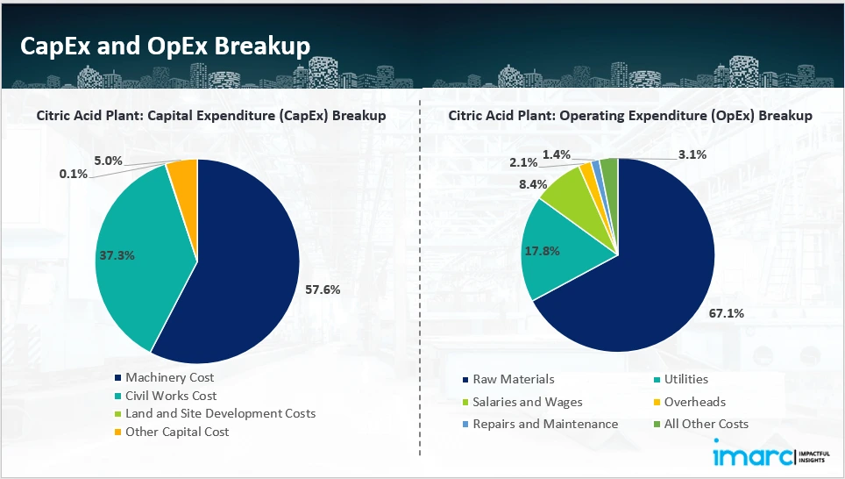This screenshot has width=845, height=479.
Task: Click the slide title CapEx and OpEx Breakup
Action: pyautogui.click(x=165, y=46)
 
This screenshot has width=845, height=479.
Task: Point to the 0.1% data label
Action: pyautogui.click(x=73, y=175)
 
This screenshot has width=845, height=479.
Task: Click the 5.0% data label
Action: pyautogui.click(x=109, y=161)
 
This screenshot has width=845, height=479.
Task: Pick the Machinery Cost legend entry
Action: pyautogui.click(x=169, y=377)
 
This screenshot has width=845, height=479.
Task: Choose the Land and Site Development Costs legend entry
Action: pyautogui.click(x=220, y=413)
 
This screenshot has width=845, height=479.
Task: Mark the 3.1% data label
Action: pyautogui.click(x=692, y=154)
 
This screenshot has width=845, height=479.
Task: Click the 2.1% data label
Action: pyautogui.click(x=524, y=162)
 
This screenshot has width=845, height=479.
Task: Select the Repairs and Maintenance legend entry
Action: pyautogui.click(x=544, y=424)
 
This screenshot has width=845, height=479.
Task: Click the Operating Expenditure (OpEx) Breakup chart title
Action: pyautogui.click(x=629, y=115)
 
